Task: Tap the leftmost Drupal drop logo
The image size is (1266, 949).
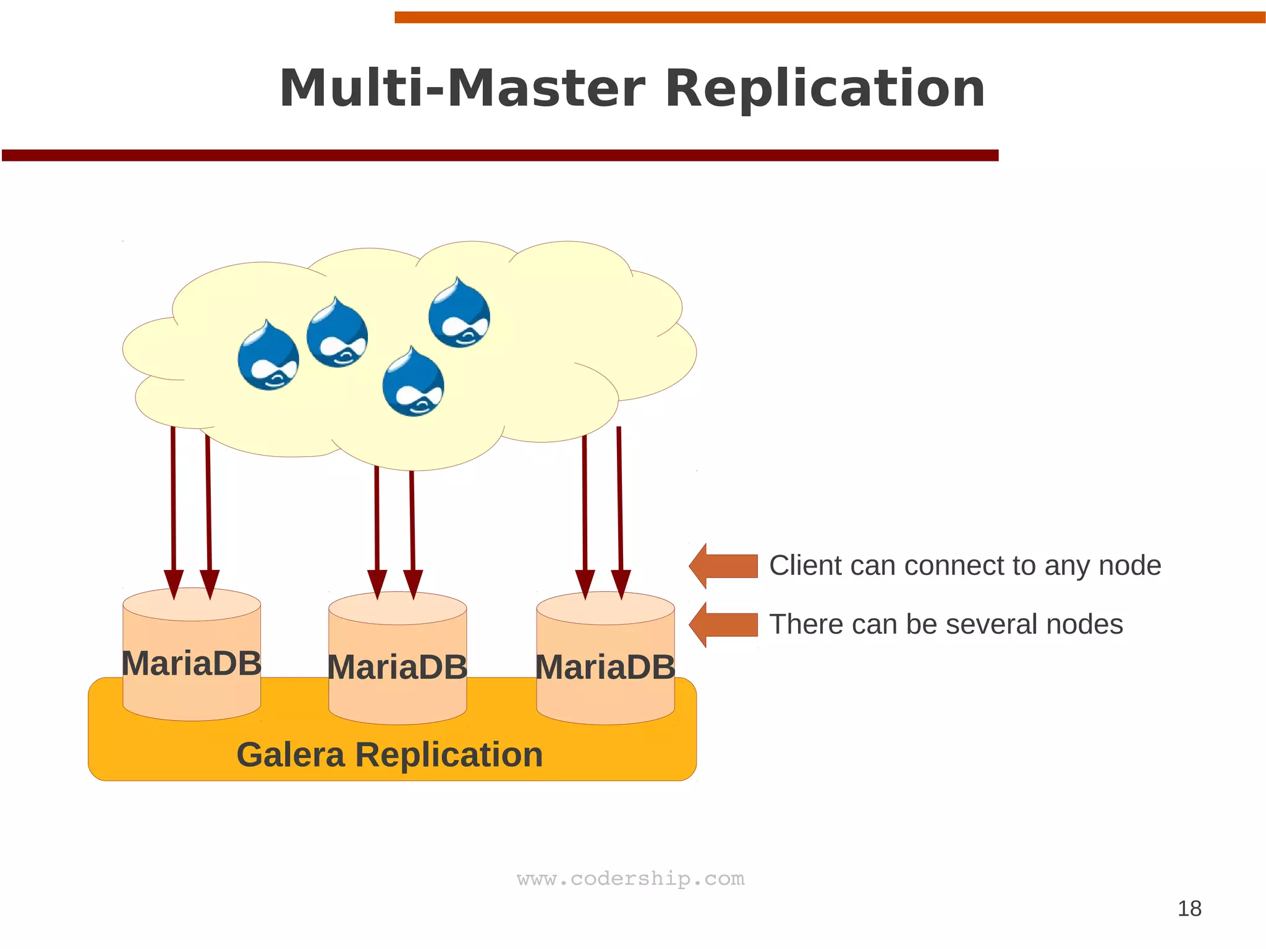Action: tap(268, 357)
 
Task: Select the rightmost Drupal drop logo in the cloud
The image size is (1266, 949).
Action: tap(459, 314)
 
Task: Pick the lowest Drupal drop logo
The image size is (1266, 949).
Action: tap(413, 383)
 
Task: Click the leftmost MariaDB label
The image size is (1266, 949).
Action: tap(192, 663)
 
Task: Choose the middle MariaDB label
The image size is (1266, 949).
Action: tap(397, 668)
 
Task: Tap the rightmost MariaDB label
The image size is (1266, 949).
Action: tap(605, 668)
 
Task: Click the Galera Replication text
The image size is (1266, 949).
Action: tap(389, 755)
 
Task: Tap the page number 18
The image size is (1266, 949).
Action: tap(1189, 908)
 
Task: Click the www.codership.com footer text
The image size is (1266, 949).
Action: tap(631, 879)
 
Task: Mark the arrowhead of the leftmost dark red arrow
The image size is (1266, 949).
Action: tap(174, 584)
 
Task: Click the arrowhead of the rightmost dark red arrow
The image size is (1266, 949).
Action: tap(621, 584)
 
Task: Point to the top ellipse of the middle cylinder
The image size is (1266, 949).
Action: tap(397, 608)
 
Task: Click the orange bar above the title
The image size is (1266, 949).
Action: tap(828, 17)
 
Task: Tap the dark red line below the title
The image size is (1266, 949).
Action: tap(499, 155)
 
